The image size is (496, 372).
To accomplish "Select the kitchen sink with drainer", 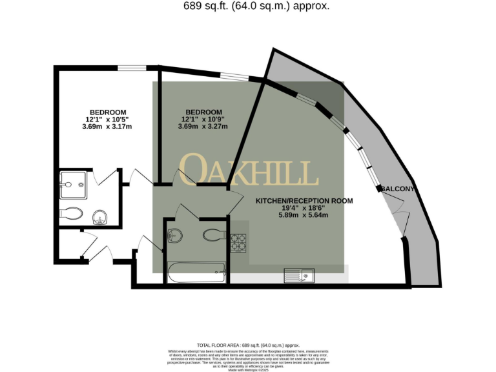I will pyautogui.click(x=298, y=276).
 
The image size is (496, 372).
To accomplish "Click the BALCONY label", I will pyautogui.click(x=397, y=189).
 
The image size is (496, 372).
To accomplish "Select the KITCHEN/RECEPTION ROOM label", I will pyautogui.click(x=304, y=201).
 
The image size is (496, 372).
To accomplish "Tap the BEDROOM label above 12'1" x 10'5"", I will pyautogui.click(x=108, y=112).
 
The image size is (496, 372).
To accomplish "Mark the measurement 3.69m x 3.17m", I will pyautogui.click(x=107, y=127).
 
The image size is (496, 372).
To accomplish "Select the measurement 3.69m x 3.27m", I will pyautogui.click(x=203, y=127).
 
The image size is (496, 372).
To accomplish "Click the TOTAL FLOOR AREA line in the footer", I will pyautogui.click(x=247, y=346).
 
